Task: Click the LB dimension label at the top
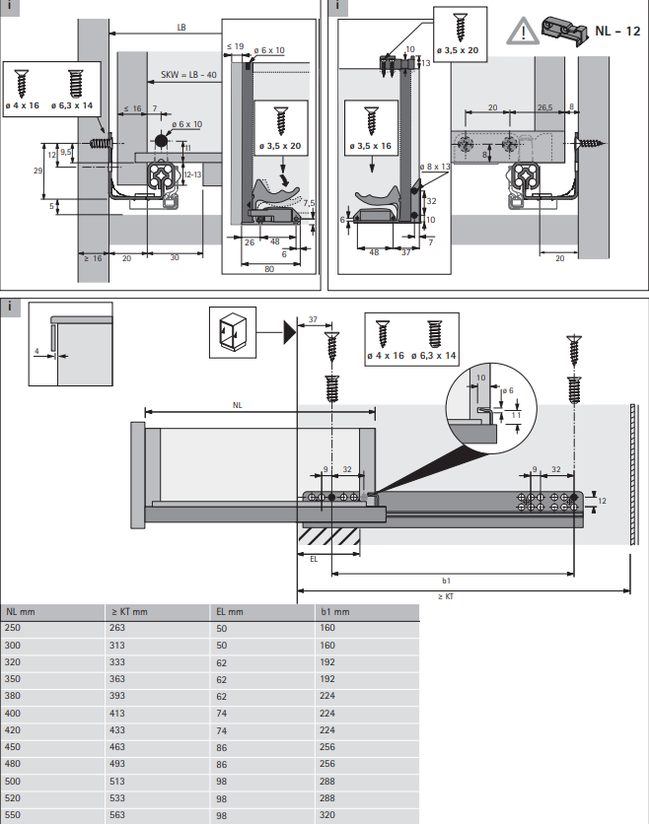[181, 29]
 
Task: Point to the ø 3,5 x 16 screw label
[371, 146]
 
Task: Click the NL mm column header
[20, 612]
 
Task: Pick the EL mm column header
[229, 612]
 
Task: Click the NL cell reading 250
[13, 628]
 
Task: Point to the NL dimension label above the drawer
[237, 404]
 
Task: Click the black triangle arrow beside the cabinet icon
[287, 330]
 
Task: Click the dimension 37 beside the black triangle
[313, 319]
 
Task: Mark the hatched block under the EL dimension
[329, 537]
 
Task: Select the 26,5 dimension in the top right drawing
[544, 107]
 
